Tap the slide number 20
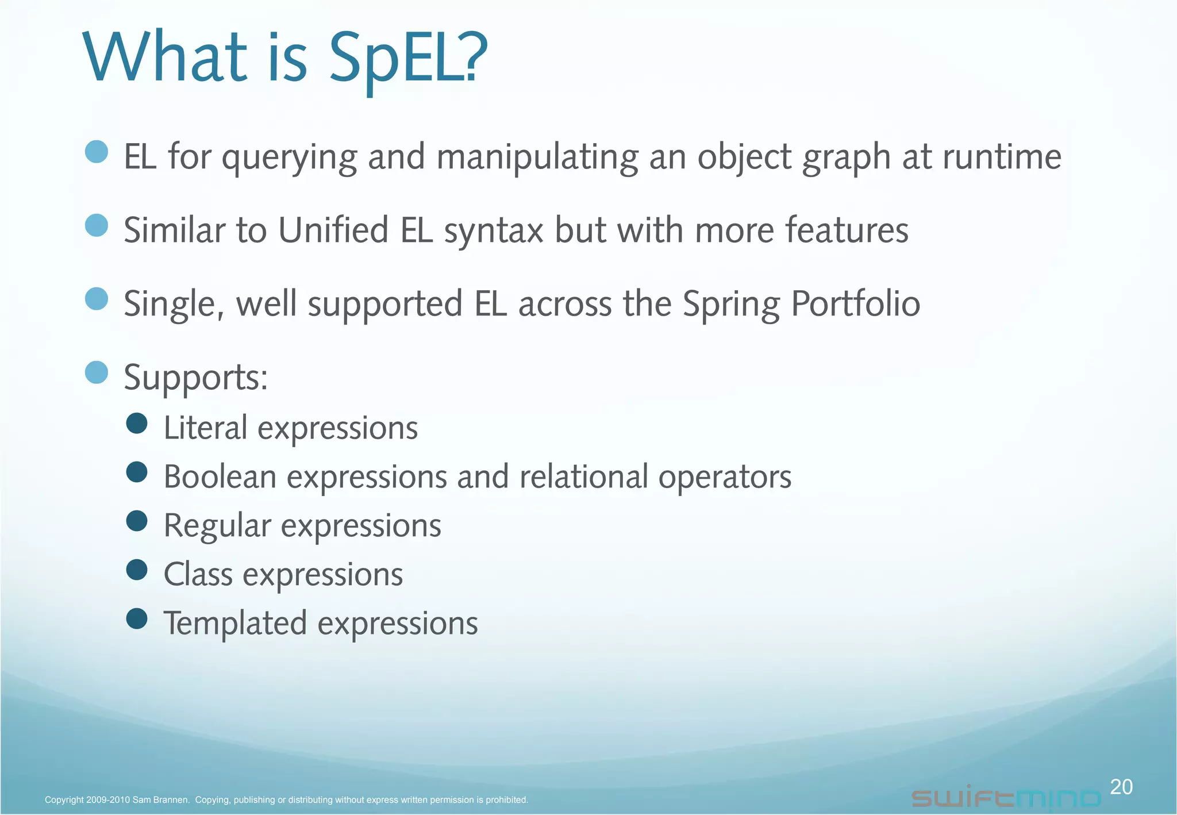pos(1121,786)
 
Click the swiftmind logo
pos(1006,798)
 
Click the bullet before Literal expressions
pos(137,424)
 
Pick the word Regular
pos(217,526)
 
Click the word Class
pos(198,574)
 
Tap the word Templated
pos(235,623)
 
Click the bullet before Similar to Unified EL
pos(97,225)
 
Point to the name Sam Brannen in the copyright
pos(160,799)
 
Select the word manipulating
pos(537,157)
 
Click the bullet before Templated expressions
pos(137,619)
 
